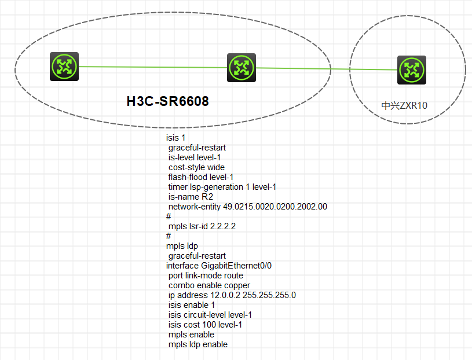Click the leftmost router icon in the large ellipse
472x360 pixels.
pyautogui.click(x=64, y=67)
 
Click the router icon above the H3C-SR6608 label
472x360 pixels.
pyautogui.click(x=242, y=68)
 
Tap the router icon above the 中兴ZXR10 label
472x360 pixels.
pyautogui.click(x=412, y=70)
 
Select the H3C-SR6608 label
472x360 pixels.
pyautogui.click(x=167, y=101)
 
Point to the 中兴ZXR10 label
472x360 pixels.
pyautogui.click(x=404, y=105)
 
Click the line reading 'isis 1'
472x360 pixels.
pyautogui.click(x=175, y=138)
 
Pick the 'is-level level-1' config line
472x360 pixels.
pyautogui.click(x=194, y=157)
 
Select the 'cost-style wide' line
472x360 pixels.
pyautogui.click(x=196, y=167)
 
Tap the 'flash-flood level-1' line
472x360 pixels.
pyautogui.click(x=200, y=177)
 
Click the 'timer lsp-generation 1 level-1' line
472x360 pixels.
pyautogui.click(x=222, y=187)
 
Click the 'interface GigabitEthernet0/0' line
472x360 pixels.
pyautogui.click(x=219, y=266)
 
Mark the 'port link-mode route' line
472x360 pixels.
pyautogui.click(x=206, y=275)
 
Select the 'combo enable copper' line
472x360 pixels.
pyautogui.click(x=209, y=285)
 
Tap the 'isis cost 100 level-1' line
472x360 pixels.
pyautogui.click(x=205, y=325)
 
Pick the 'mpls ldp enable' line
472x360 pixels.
pyautogui.click(x=197, y=344)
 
